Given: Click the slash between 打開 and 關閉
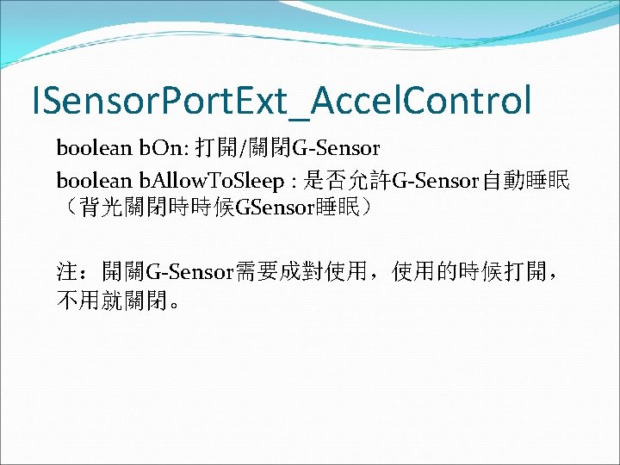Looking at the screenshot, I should [246, 149].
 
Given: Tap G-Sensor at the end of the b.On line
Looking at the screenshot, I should [336, 149].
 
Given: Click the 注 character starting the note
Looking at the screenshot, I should [67, 274].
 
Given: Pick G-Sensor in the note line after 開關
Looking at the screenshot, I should [190, 274].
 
